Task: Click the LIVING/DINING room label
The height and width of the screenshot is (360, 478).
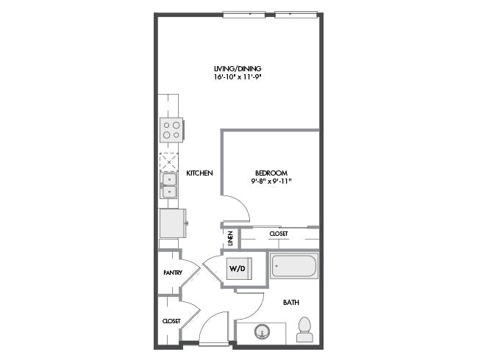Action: (238, 68)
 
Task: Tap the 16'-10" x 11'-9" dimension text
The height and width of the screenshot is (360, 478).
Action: (238, 76)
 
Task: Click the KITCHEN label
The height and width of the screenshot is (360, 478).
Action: (199, 173)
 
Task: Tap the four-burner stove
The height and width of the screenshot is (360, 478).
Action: (171, 130)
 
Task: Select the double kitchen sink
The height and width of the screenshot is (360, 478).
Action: (169, 185)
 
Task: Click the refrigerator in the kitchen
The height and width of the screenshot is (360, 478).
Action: (172, 223)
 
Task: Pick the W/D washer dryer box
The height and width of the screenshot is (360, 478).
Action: (238, 269)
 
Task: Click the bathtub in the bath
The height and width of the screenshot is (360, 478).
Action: (294, 265)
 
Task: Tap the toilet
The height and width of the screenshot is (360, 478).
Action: (304, 330)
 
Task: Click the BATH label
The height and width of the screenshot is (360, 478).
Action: (290, 303)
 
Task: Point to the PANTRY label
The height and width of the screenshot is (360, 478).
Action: (173, 273)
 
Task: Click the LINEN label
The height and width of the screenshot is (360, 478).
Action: (230, 238)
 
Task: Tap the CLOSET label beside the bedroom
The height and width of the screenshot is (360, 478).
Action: (279, 234)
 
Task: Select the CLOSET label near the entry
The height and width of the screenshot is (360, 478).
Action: (171, 321)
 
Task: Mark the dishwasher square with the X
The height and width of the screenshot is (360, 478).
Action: (169, 162)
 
